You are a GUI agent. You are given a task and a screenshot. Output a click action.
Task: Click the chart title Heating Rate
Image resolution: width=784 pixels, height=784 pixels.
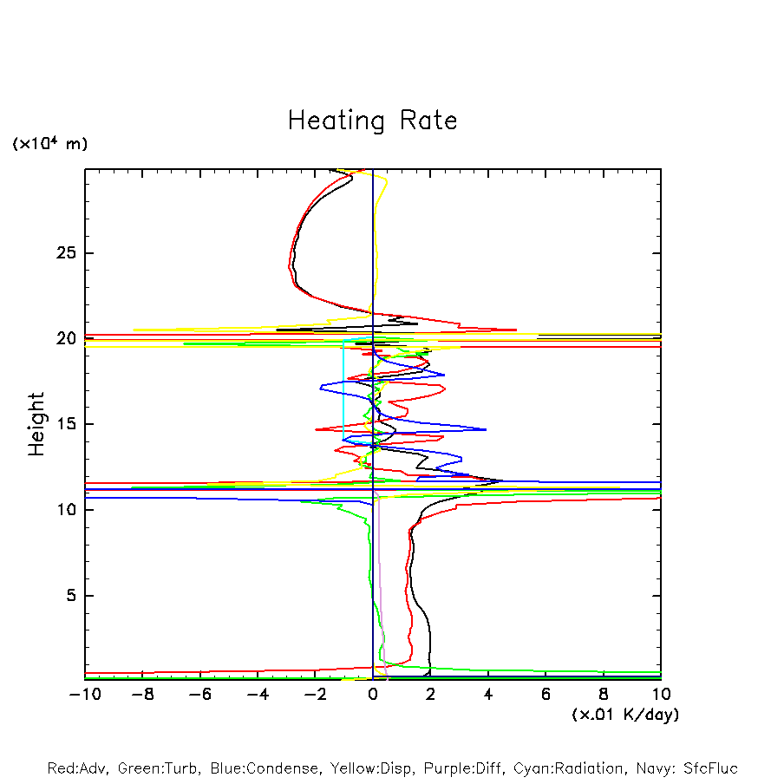click(372, 121)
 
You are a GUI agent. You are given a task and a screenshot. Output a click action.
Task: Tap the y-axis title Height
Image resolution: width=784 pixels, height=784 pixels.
click(36, 424)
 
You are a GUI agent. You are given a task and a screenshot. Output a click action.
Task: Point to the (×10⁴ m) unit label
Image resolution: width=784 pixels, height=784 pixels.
click(49, 144)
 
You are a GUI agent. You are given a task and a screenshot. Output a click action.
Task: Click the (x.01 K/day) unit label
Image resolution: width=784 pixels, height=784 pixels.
click(624, 715)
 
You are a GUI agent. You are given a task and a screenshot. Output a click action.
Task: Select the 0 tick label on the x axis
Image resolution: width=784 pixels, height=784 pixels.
click(373, 694)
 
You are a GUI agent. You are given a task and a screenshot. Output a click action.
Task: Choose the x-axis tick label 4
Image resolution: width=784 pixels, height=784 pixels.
click(488, 694)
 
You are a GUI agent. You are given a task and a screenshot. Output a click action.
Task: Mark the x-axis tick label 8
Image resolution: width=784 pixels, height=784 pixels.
click(604, 694)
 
